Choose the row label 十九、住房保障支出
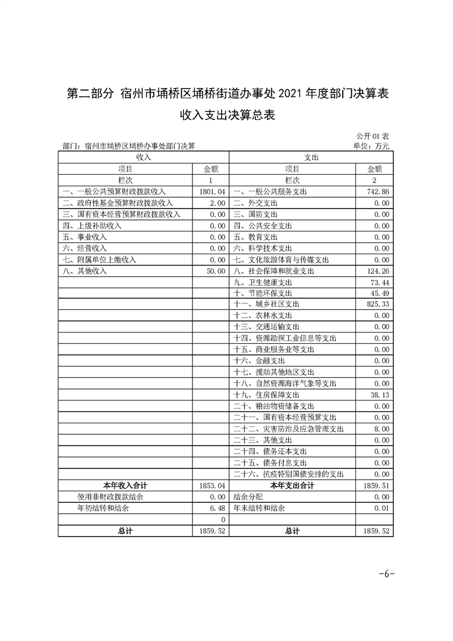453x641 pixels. pyautogui.click(x=266, y=395)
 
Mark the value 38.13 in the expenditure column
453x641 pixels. pyautogui.click(x=380, y=395)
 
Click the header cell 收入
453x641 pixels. pyautogui.click(x=143, y=157)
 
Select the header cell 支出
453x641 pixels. pyautogui.click(x=311, y=157)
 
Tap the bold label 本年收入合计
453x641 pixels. pyautogui.click(x=125, y=485)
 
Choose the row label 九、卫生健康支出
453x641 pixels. pyautogui.click(x=263, y=282)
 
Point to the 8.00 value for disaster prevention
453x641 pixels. pyautogui.click(x=382, y=429)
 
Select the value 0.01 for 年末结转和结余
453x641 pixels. pyautogui.click(x=382, y=508)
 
